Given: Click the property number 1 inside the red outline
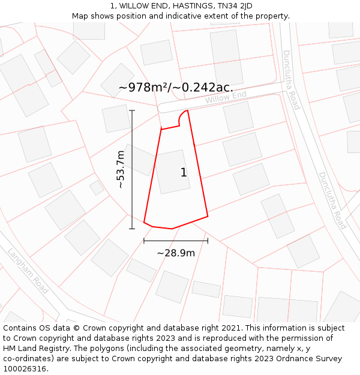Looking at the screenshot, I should tap(184, 173).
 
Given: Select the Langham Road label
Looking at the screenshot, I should tap(28, 271).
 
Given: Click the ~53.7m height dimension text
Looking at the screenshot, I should tap(121, 169).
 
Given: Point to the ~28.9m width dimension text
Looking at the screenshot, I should tap(176, 253).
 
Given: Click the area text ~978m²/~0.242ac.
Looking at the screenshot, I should tap(176, 88).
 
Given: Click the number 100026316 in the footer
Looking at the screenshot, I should tap(25, 369).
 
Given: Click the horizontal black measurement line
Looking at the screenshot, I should tap(176, 241).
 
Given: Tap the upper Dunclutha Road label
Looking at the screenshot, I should tap(291, 80).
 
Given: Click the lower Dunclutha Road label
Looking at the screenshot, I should tap(332, 200).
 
